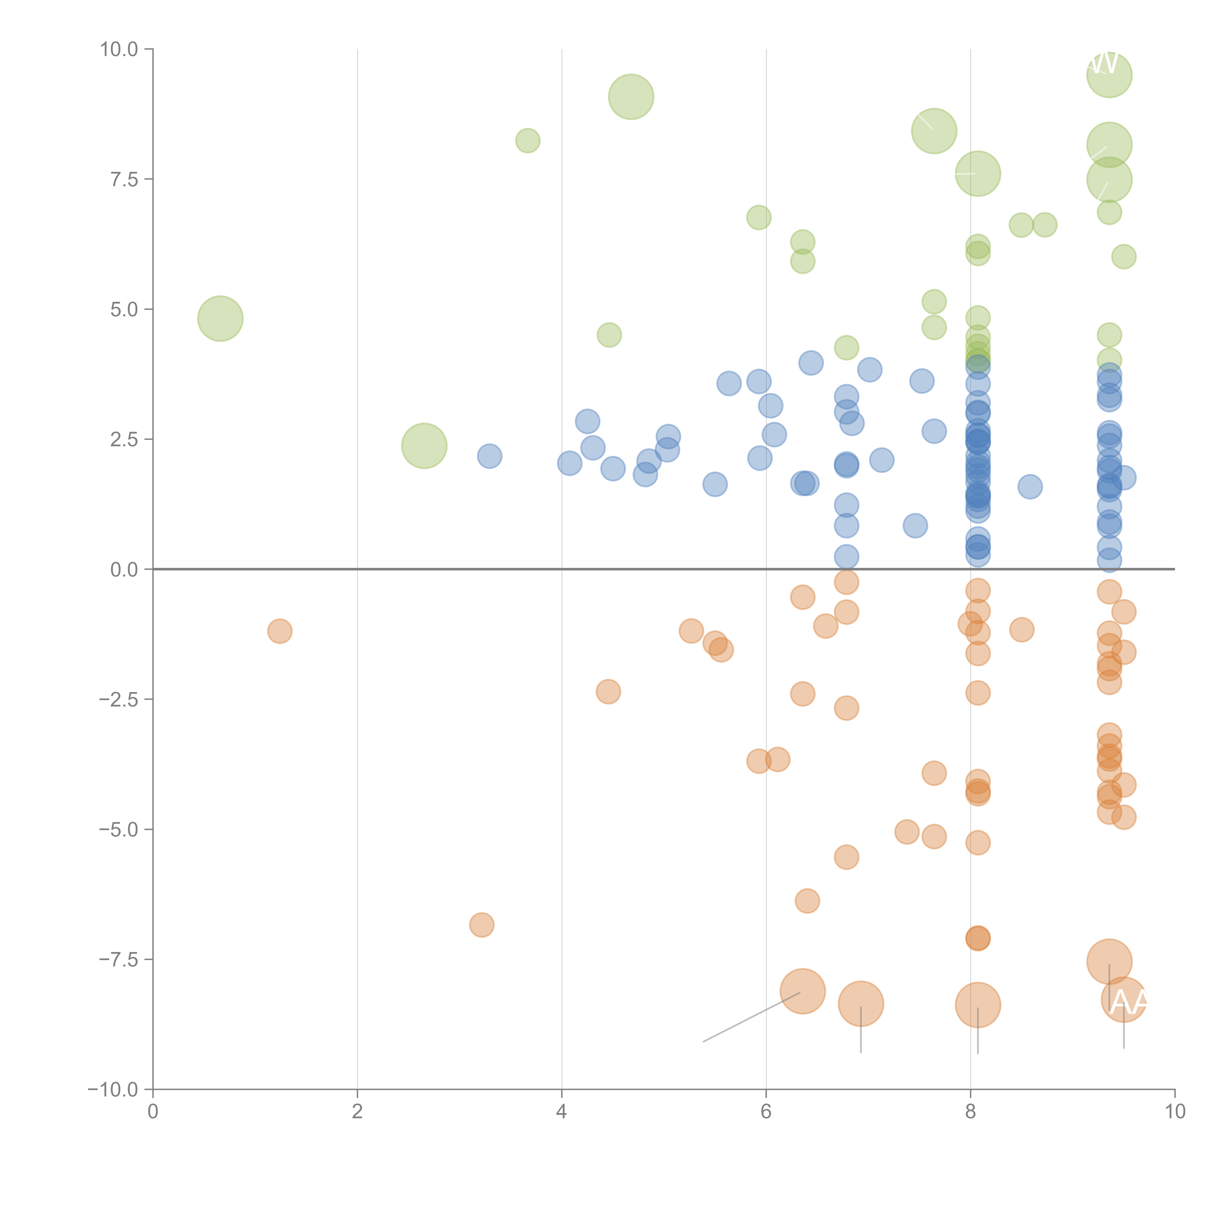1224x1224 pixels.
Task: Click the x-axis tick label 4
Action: click(561, 1112)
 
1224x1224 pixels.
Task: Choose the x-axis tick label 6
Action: click(766, 1112)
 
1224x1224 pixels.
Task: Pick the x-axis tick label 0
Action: click(153, 1112)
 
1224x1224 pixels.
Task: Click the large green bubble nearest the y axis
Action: click(220, 319)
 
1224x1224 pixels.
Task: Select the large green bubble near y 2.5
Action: click(424, 446)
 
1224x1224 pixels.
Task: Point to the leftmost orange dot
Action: click(279, 631)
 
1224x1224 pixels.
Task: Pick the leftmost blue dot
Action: click(489, 456)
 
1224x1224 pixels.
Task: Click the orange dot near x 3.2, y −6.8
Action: click(482, 925)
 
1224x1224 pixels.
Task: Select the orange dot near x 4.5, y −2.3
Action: click(608, 691)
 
